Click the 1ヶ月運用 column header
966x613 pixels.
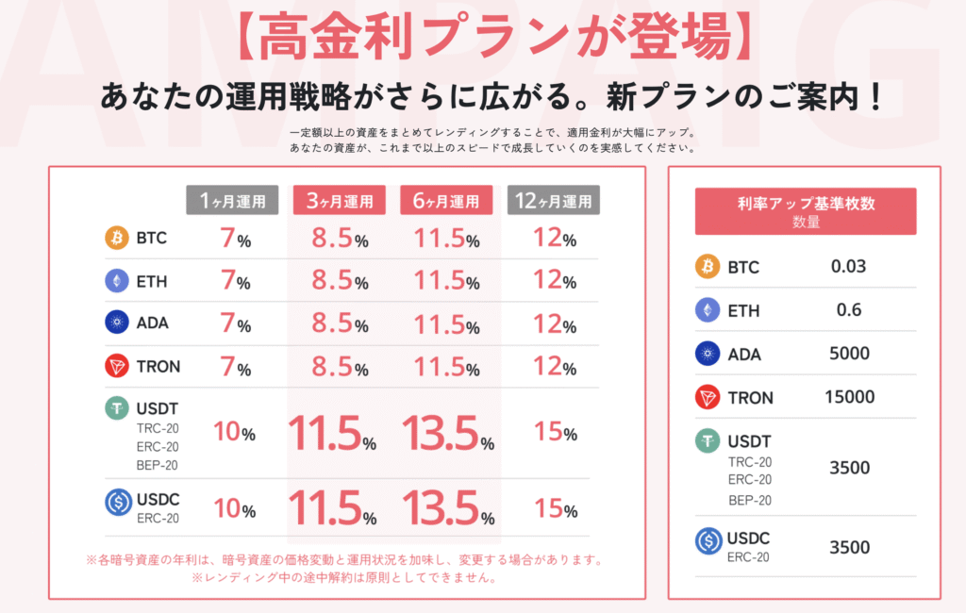[232, 200]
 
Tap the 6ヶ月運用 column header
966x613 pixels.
[445, 200]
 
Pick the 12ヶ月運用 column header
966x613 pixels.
[553, 200]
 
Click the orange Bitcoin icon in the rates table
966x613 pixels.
[117, 238]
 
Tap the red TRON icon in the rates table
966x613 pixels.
[117, 366]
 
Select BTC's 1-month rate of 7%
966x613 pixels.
[235, 239]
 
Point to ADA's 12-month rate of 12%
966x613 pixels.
[555, 323]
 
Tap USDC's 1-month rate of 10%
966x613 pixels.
[234, 509]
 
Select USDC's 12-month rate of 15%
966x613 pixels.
[555, 509]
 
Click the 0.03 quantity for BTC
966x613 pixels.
[848, 267]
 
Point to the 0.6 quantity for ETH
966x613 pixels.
[848, 310]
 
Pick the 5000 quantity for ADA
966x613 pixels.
[850, 354]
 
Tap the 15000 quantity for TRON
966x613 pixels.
[850, 397]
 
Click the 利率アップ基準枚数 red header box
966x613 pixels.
[805, 211]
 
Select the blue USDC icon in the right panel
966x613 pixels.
[708, 540]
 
